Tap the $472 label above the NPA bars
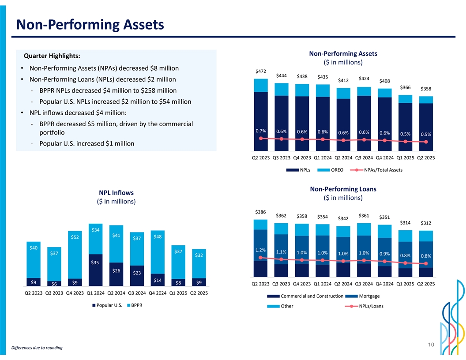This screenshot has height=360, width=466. (x=261, y=71)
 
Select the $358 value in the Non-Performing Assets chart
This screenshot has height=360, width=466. (x=426, y=89)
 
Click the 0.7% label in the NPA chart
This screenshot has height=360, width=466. (x=260, y=131)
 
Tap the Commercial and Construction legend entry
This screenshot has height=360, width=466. (x=312, y=296)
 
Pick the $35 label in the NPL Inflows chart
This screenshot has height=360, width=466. (x=95, y=263)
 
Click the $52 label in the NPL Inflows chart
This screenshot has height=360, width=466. (x=75, y=237)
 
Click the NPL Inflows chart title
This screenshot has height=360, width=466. (x=116, y=193)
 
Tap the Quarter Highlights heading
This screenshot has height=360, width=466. (x=52, y=56)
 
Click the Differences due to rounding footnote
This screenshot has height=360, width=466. (x=37, y=348)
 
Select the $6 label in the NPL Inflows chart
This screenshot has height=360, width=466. (x=54, y=283)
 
